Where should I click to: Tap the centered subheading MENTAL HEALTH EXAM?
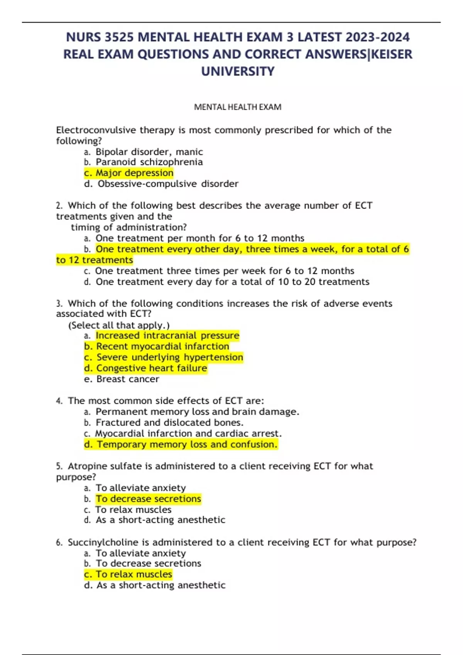pyautogui.click(x=238, y=107)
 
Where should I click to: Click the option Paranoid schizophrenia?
pyautogui.click(x=149, y=162)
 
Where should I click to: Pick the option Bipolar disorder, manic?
pyautogui.click(x=149, y=152)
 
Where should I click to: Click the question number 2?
pyautogui.click(x=59, y=206)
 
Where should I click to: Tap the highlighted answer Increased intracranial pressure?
pyautogui.click(x=167, y=336)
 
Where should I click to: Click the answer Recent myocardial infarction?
pyautogui.click(x=162, y=346)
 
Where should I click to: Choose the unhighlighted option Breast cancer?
pyautogui.click(x=128, y=379)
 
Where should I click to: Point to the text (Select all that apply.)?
pyautogui.click(x=119, y=325)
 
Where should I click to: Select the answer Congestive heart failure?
pyautogui.click(x=152, y=368)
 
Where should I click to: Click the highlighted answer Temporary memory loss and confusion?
pyautogui.click(x=187, y=445)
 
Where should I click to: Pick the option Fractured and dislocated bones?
pyautogui.click(x=169, y=423)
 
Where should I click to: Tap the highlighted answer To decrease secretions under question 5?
pyautogui.click(x=149, y=499)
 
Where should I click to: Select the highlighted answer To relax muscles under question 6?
pyautogui.click(x=134, y=574)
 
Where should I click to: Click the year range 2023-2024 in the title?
pyautogui.click(x=378, y=37)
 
